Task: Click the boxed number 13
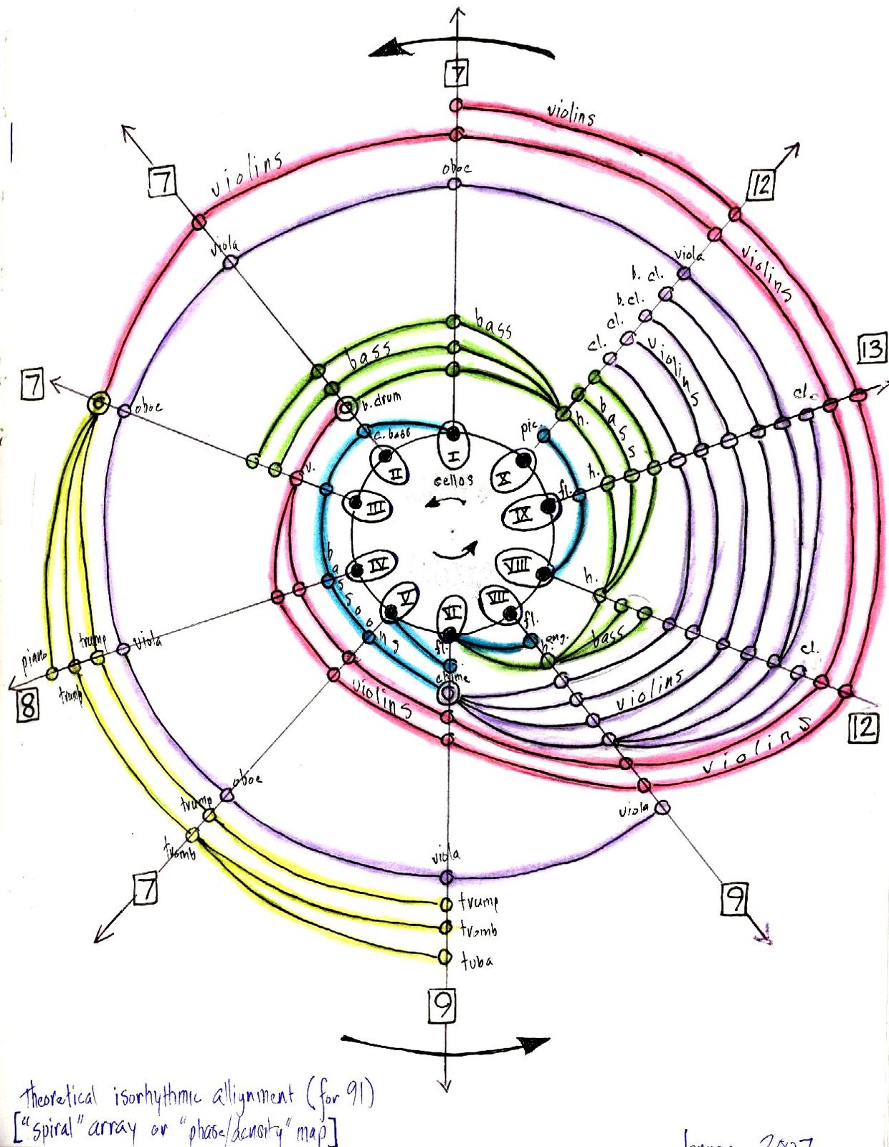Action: click(x=871, y=349)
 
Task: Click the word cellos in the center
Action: click(x=453, y=480)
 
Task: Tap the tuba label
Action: click(x=477, y=961)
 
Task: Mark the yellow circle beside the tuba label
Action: click(x=445, y=957)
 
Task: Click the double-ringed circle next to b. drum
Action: click(x=347, y=409)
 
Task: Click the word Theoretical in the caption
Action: click(x=59, y=1098)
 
